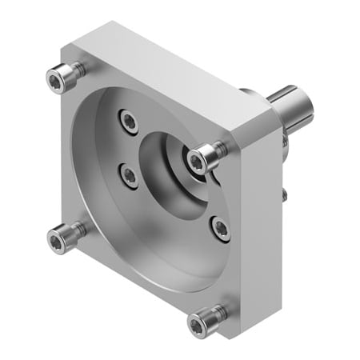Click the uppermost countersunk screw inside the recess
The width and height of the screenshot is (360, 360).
click(x=129, y=120)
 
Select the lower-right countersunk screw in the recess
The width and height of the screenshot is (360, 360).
click(x=221, y=229)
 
